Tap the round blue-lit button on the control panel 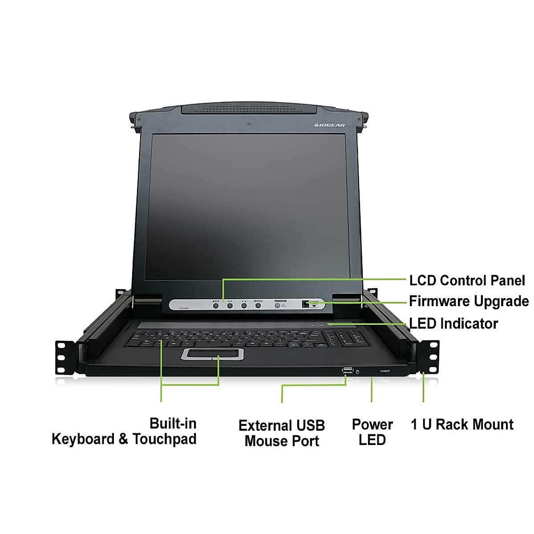point(277,306)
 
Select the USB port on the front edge point(347,370)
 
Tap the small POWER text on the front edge point(385,371)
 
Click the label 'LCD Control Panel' point(467,281)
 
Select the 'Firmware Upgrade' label point(469,301)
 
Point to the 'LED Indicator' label point(453,324)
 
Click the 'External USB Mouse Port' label point(282,433)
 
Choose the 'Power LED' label point(372,432)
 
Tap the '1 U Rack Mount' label point(462,425)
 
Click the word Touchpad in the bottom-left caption point(164,439)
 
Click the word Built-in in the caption point(173,423)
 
